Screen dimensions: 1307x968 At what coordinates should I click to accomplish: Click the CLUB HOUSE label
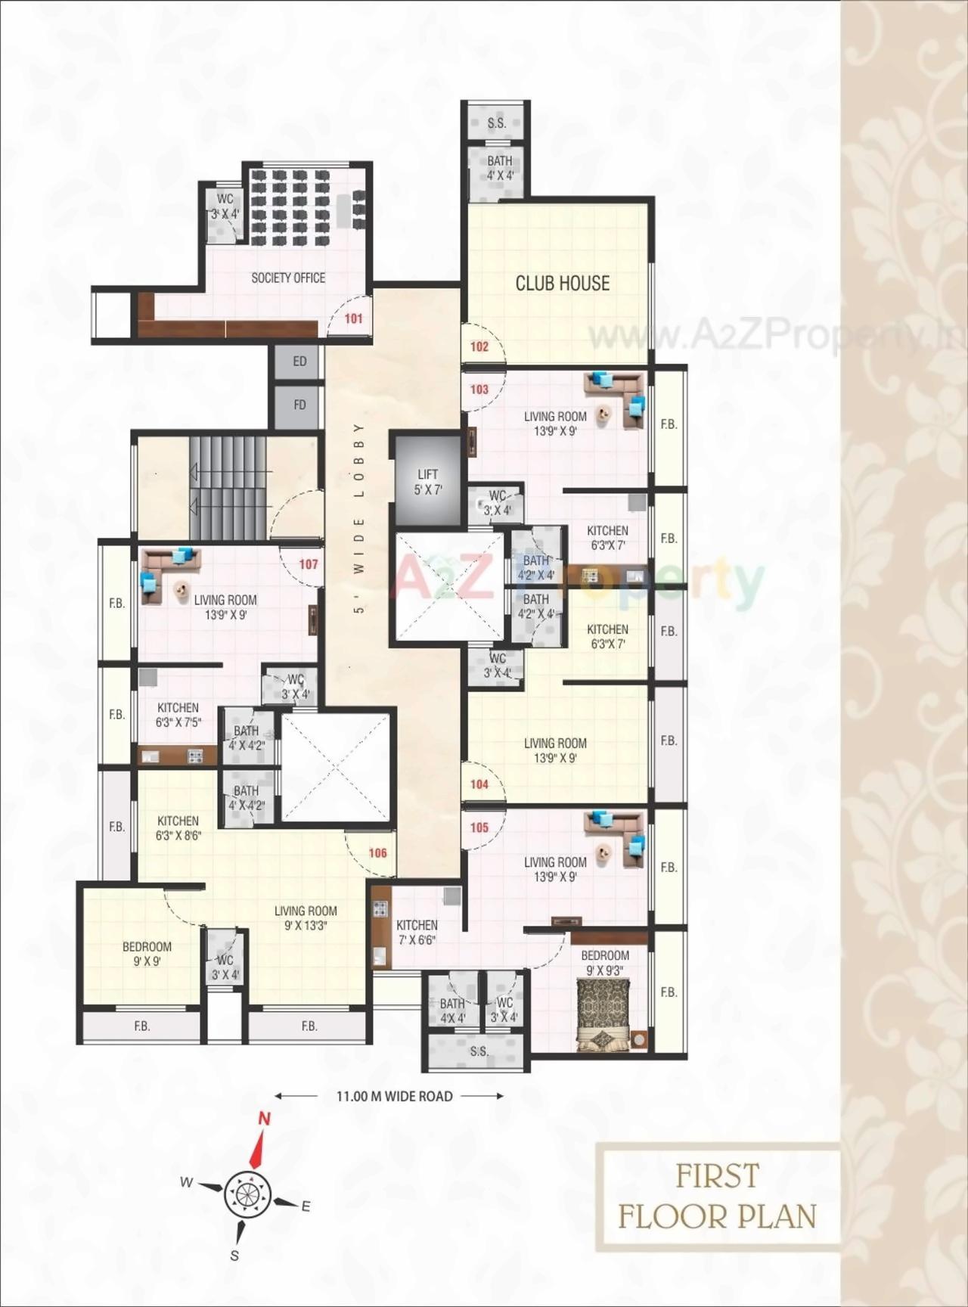[x=562, y=284]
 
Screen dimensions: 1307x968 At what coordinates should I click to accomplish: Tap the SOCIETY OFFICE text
[x=288, y=278]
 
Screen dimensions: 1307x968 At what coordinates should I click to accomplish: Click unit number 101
[x=354, y=318]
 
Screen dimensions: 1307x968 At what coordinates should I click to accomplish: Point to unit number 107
[x=309, y=564]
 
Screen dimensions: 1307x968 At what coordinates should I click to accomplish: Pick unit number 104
[x=479, y=784]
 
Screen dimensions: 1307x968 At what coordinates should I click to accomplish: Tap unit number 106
[x=377, y=853]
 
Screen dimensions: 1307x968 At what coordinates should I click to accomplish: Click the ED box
[x=299, y=362]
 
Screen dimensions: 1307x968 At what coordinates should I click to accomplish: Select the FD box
[x=299, y=405]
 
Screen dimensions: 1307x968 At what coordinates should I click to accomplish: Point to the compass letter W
[x=186, y=1183]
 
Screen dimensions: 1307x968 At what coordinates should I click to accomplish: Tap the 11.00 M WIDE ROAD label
[x=394, y=1096]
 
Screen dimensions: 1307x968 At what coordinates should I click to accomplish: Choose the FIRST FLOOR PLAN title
[x=717, y=1197]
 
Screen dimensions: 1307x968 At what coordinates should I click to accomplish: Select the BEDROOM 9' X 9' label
[x=147, y=954]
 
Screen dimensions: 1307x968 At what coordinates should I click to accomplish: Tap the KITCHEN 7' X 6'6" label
[x=417, y=933]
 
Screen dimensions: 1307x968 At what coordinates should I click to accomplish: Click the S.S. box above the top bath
[x=497, y=123]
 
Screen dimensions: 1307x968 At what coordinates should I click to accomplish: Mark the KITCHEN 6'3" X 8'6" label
[x=178, y=828]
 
